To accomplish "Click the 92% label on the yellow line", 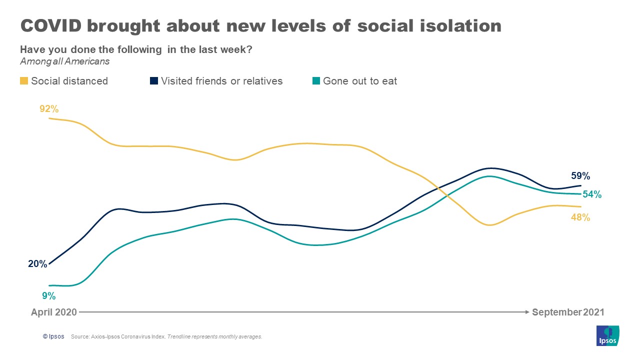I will click(49, 108).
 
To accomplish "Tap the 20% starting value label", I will click(37, 263).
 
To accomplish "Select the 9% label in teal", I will click(48, 295).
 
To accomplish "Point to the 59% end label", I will click(580, 176).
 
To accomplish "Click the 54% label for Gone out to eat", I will click(592, 194).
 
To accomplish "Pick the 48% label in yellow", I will click(580, 217).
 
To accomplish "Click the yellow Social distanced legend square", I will click(24, 81).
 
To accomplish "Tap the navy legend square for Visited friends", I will click(154, 81).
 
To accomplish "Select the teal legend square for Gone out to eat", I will click(316, 81).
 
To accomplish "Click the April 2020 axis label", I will click(54, 312).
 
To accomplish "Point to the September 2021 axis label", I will click(568, 312).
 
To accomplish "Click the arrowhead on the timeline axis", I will click(527, 312).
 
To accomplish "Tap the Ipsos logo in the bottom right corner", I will click(608, 335).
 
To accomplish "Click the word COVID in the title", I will click(50, 25).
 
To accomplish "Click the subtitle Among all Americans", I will click(64, 61).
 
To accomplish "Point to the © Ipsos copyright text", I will click(53, 336).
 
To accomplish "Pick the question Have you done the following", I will click(90, 50).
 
